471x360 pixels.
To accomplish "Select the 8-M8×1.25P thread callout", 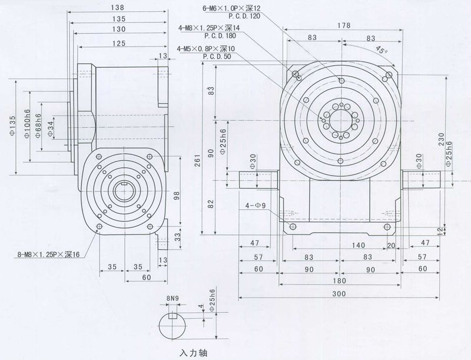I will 46,255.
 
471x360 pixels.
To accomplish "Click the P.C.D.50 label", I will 216,57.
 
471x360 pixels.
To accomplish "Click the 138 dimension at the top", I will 117,8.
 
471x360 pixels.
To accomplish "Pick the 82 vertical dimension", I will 211,204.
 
